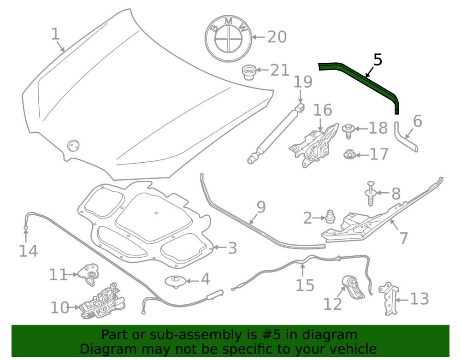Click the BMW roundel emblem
[228, 39]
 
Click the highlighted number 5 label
[378, 60]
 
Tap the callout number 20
[277, 37]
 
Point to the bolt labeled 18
[349, 131]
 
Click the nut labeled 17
[350, 154]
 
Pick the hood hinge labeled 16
[314, 145]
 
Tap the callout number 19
[303, 82]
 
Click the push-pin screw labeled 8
[371, 194]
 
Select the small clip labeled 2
[330, 217]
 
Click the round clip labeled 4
[176, 282]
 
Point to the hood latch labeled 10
[103, 302]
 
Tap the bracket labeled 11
[89, 273]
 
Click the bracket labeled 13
[389, 299]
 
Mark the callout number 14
[28, 251]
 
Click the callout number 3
[232, 248]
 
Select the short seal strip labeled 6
[405, 137]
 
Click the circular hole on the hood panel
[73, 146]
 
